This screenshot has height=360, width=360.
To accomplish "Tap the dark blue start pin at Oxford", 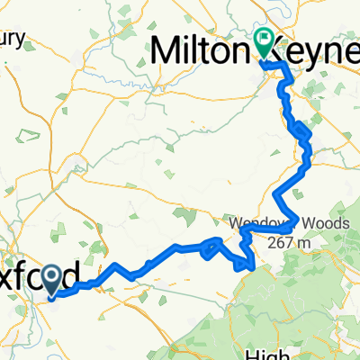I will tap(51, 281).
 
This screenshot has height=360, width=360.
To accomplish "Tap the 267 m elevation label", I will tap(286, 242).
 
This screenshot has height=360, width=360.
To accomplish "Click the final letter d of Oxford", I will tap(81, 274).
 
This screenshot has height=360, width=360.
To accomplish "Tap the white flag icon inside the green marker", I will tap(264, 37).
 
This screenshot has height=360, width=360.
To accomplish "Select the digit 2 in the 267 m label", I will tap(272, 242).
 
